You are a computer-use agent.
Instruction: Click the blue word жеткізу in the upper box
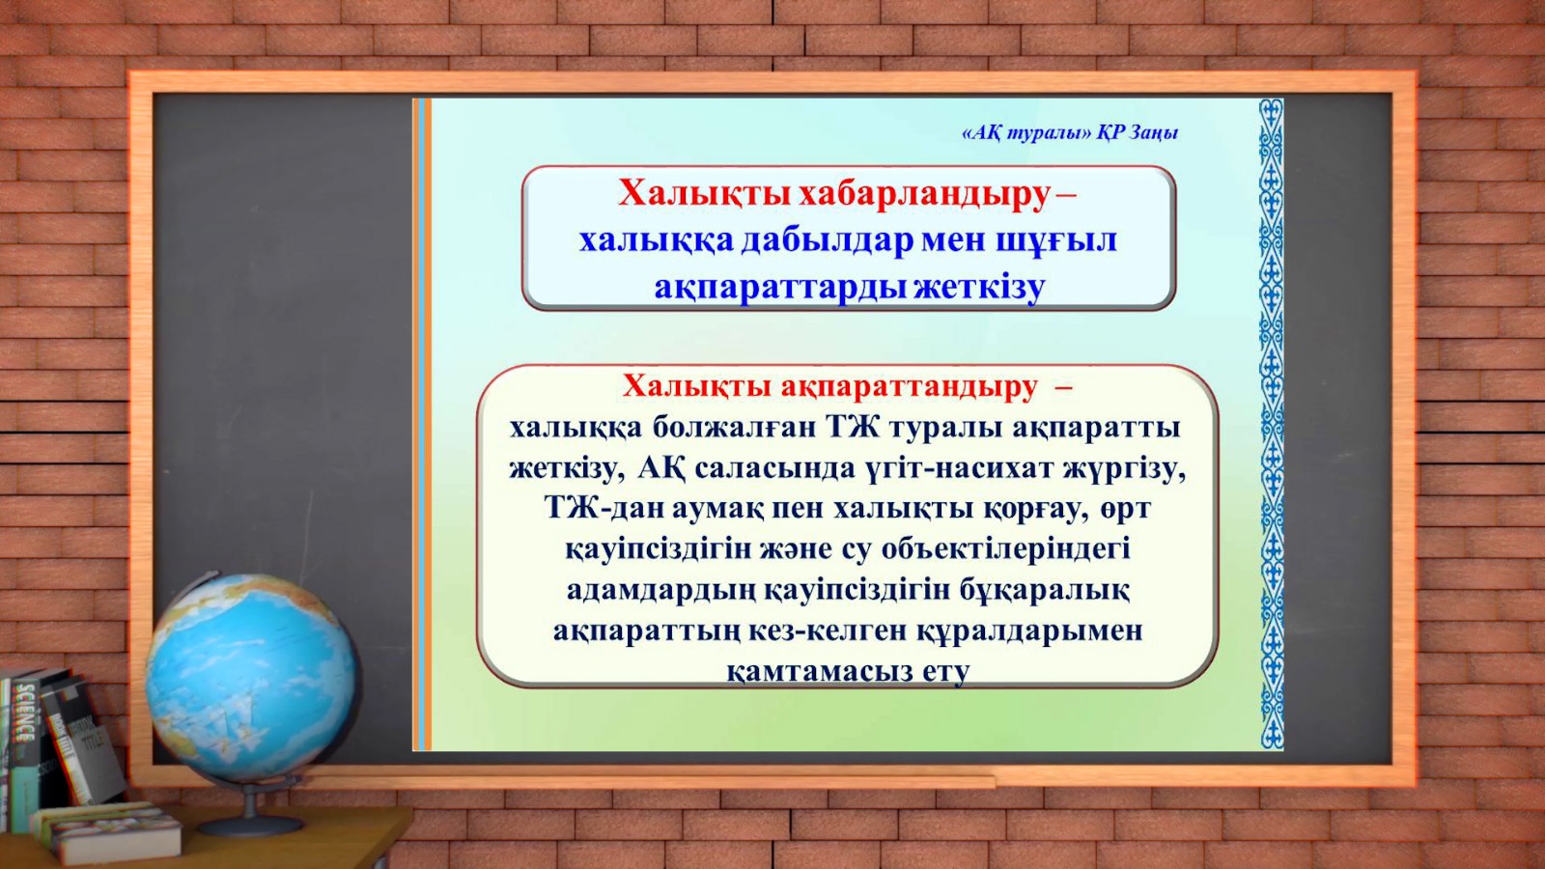point(979,289)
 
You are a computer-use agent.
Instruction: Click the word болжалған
point(734,428)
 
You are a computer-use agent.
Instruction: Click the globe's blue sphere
point(250,677)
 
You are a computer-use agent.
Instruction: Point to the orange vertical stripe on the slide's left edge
point(428,424)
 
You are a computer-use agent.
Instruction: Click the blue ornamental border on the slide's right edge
point(1271,424)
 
